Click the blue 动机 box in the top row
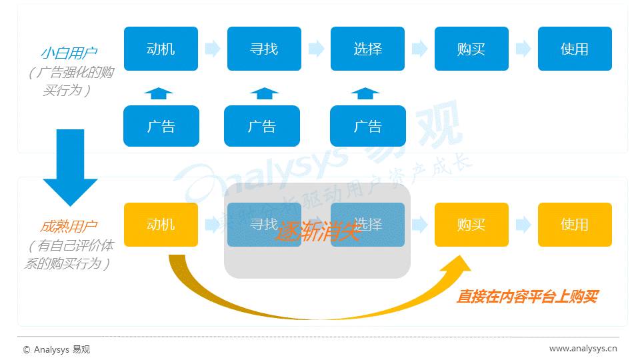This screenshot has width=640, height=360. point(161,49)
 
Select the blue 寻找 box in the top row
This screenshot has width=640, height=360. point(264,49)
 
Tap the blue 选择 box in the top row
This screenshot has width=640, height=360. point(367,49)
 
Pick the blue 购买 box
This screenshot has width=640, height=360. point(471,49)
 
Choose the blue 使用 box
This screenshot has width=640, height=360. point(575,49)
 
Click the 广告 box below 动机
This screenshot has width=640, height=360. point(161,126)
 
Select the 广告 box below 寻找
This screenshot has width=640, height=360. point(262,126)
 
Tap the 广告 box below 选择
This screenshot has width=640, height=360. point(367,126)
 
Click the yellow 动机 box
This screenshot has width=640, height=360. point(161,225)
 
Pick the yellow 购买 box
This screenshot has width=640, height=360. point(471,225)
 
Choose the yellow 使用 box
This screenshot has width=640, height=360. point(575,225)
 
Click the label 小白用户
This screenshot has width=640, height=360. point(69,53)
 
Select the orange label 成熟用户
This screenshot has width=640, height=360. point(69,226)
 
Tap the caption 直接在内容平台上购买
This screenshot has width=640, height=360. point(527,297)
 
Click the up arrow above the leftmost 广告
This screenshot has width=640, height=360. point(158,93)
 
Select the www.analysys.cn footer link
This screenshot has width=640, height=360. point(583,348)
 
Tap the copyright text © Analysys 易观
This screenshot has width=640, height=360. point(56,349)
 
